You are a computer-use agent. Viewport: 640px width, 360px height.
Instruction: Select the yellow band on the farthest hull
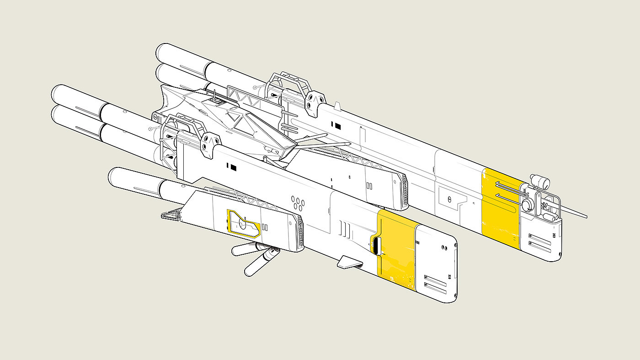point(501,208)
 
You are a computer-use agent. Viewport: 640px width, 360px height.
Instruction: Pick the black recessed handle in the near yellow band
point(376,245)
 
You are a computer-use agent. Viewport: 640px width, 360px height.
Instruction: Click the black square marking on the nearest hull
point(234,168)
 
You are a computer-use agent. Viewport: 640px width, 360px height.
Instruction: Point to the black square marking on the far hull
point(338,125)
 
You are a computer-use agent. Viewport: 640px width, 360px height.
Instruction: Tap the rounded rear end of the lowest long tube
point(114,176)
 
